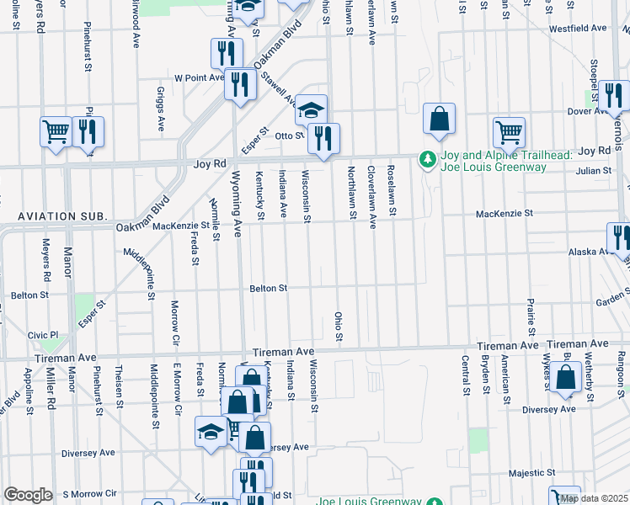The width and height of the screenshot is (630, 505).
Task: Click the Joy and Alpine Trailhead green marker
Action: (x=428, y=159)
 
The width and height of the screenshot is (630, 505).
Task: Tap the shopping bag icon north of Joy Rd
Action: (x=439, y=120)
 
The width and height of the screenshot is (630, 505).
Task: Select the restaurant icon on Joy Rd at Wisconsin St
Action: (x=323, y=138)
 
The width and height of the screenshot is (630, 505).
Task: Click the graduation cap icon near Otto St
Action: (x=311, y=110)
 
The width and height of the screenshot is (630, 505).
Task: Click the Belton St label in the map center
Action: (x=268, y=289)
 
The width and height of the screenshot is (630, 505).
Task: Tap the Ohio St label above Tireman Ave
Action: (x=339, y=327)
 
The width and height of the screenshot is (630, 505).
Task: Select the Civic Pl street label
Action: (x=43, y=334)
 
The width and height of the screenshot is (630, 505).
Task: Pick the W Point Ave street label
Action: (x=199, y=77)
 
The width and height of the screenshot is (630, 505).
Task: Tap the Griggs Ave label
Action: (x=160, y=109)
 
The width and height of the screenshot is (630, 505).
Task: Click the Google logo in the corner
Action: (x=28, y=495)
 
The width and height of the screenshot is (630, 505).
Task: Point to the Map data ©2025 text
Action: (x=593, y=498)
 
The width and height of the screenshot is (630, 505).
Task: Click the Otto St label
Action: (x=288, y=135)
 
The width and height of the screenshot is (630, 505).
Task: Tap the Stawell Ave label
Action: (x=280, y=88)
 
